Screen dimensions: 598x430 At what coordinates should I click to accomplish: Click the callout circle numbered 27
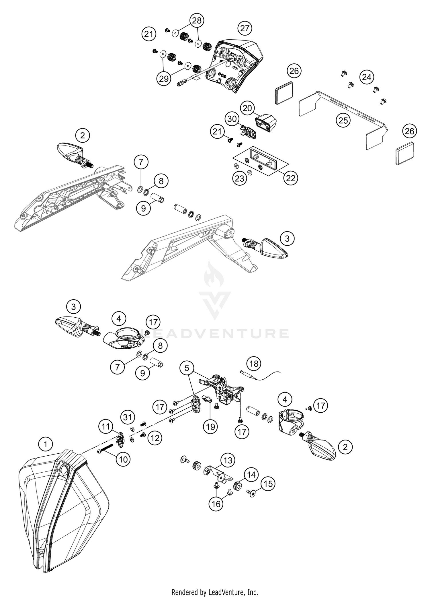[x=245, y=28]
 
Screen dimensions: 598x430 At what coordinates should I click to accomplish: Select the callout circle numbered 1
[x=45, y=445]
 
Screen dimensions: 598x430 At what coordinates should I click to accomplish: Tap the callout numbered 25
[x=343, y=120]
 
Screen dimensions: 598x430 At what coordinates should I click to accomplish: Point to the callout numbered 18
[x=254, y=364]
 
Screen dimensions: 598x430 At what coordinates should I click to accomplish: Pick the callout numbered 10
[x=123, y=459]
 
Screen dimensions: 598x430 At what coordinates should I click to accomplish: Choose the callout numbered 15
[x=268, y=484]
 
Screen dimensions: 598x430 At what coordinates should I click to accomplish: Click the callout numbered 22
[x=291, y=178]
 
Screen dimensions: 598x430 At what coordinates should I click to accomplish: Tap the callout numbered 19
[x=210, y=427]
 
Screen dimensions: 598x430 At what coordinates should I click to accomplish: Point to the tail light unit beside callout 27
[x=238, y=66]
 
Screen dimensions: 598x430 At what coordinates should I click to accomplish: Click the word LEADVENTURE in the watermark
[x=215, y=334]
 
